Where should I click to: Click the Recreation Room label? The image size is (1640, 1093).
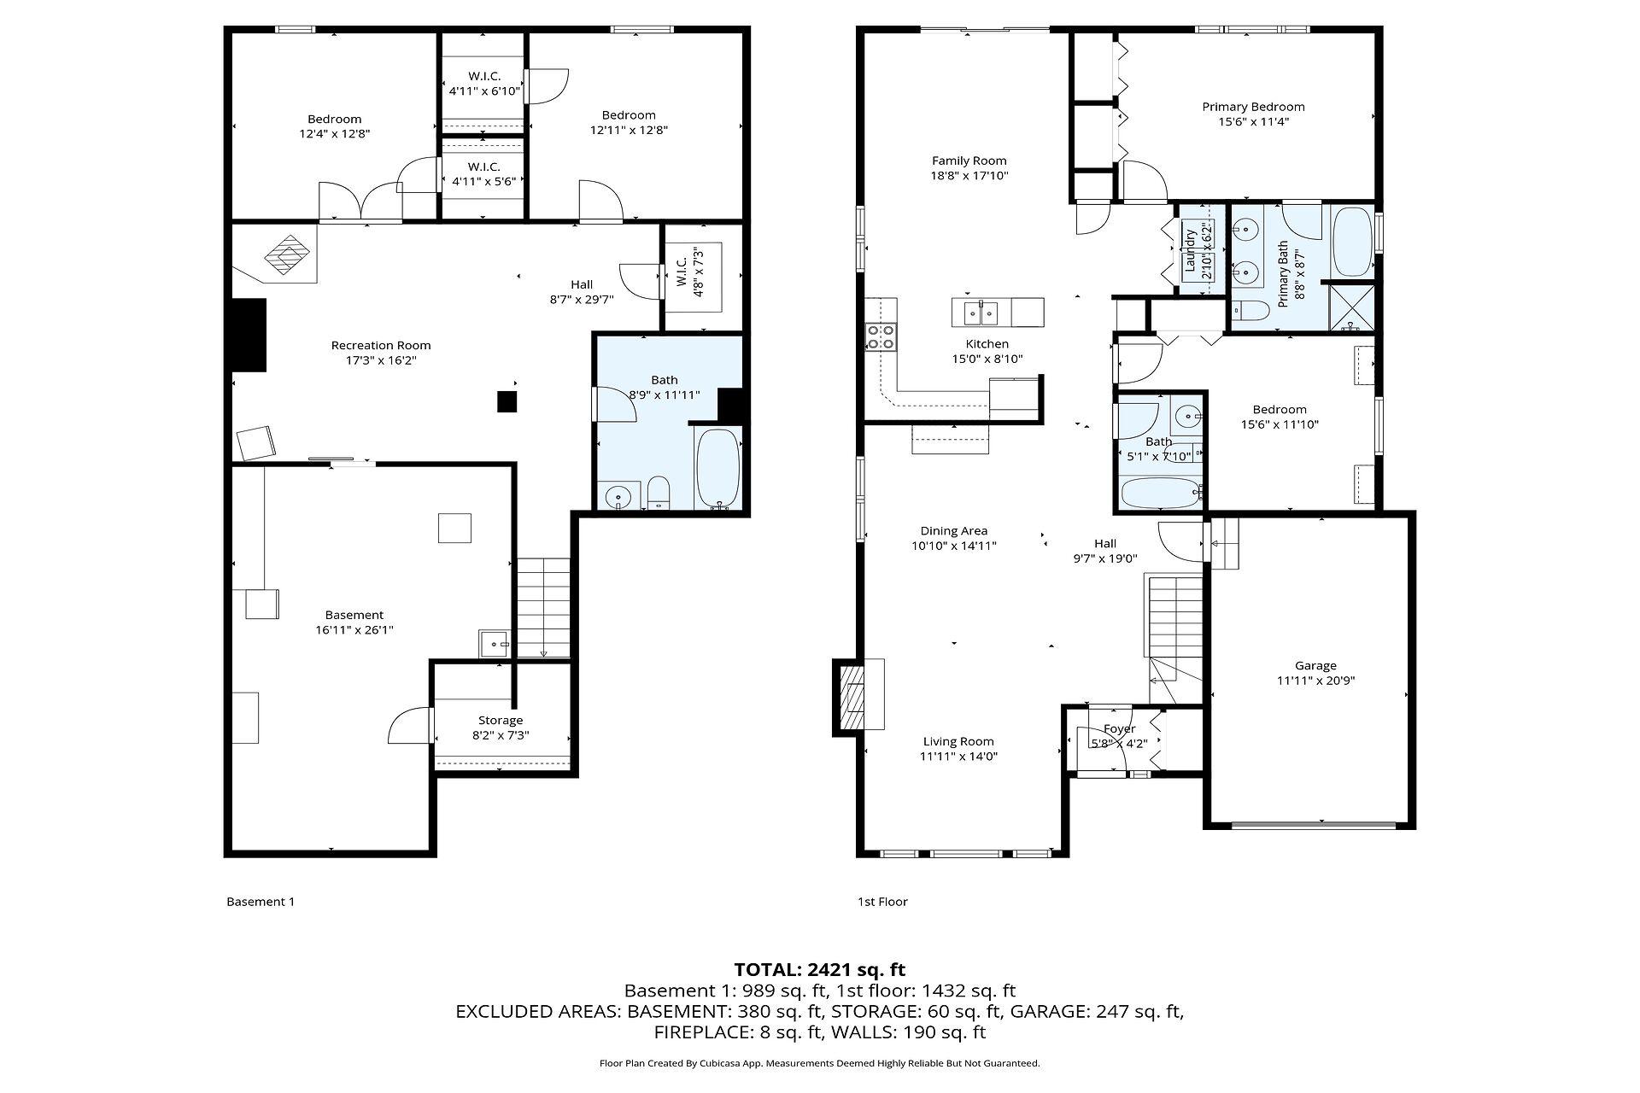pyautogui.click(x=381, y=346)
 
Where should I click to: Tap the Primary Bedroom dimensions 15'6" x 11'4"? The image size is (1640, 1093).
pyautogui.click(x=1253, y=122)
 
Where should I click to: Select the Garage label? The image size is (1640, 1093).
pyautogui.click(x=1315, y=666)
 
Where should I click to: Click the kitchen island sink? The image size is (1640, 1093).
pyautogui.click(x=981, y=313)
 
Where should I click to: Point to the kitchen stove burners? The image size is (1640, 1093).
pyautogui.click(x=882, y=336)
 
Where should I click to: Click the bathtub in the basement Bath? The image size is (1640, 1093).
pyautogui.click(x=717, y=468)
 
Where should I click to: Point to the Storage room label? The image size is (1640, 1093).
pyautogui.click(x=501, y=721)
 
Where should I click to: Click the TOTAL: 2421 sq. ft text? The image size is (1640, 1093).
pyautogui.click(x=820, y=969)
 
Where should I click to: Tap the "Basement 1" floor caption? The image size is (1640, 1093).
pyautogui.click(x=261, y=902)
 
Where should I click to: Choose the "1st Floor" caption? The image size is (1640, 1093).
pyautogui.click(x=882, y=902)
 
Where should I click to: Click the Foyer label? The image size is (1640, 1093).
pyautogui.click(x=1119, y=729)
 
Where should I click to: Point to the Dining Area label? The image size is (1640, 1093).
pyautogui.click(x=953, y=531)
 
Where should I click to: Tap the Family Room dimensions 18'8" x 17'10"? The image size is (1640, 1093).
pyautogui.click(x=969, y=176)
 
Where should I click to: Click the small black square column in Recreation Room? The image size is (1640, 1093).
pyautogui.click(x=507, y=401)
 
